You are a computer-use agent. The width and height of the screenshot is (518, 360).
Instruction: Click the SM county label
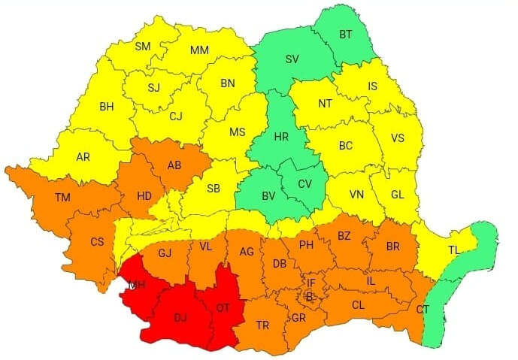point(142,47)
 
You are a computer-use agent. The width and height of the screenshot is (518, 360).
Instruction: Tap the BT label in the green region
point(347,35)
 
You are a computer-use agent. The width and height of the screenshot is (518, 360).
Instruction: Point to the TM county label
point(63,198)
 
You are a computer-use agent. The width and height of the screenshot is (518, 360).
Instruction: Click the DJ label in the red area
point(180,318)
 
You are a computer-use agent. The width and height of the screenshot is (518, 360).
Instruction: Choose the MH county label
point(137,286)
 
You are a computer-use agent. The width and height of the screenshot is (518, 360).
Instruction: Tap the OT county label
point(223,307)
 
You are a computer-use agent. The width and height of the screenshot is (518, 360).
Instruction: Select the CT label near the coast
point(423,309)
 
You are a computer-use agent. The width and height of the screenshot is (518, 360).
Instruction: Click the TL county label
point(455,250)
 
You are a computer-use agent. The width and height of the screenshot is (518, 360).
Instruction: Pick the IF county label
point(310,283)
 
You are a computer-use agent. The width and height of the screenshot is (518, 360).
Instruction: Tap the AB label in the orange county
point(174,165)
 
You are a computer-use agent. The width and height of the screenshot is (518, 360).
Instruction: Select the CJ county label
point(176,116)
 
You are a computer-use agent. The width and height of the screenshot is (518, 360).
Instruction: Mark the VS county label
point(398,138)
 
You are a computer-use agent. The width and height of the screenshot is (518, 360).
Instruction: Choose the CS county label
point(97,242)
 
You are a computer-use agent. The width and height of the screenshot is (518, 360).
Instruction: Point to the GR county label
point(298,318)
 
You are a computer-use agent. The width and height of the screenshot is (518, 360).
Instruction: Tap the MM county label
point(199,50)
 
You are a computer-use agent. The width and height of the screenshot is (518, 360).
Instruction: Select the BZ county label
point(344,236)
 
